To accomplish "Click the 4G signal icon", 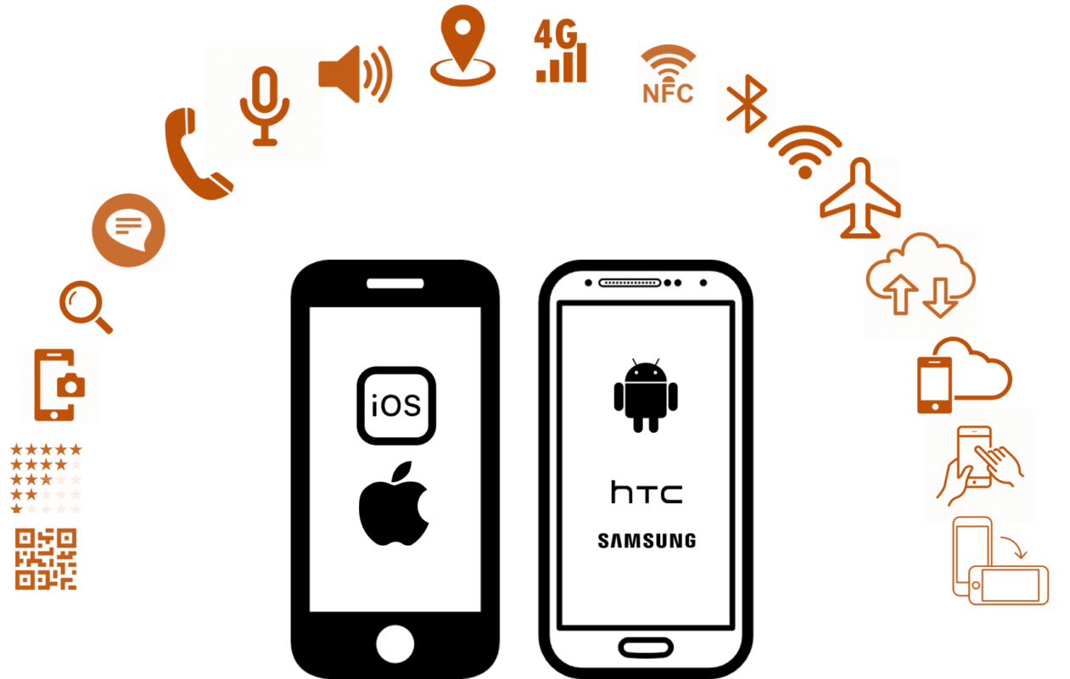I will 560,50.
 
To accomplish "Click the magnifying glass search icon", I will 86,307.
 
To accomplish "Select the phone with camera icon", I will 59,384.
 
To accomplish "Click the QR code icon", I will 46,558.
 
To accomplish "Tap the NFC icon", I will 669,74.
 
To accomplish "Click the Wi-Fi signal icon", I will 804,153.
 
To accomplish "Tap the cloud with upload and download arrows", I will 920,280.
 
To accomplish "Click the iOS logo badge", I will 396,406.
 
